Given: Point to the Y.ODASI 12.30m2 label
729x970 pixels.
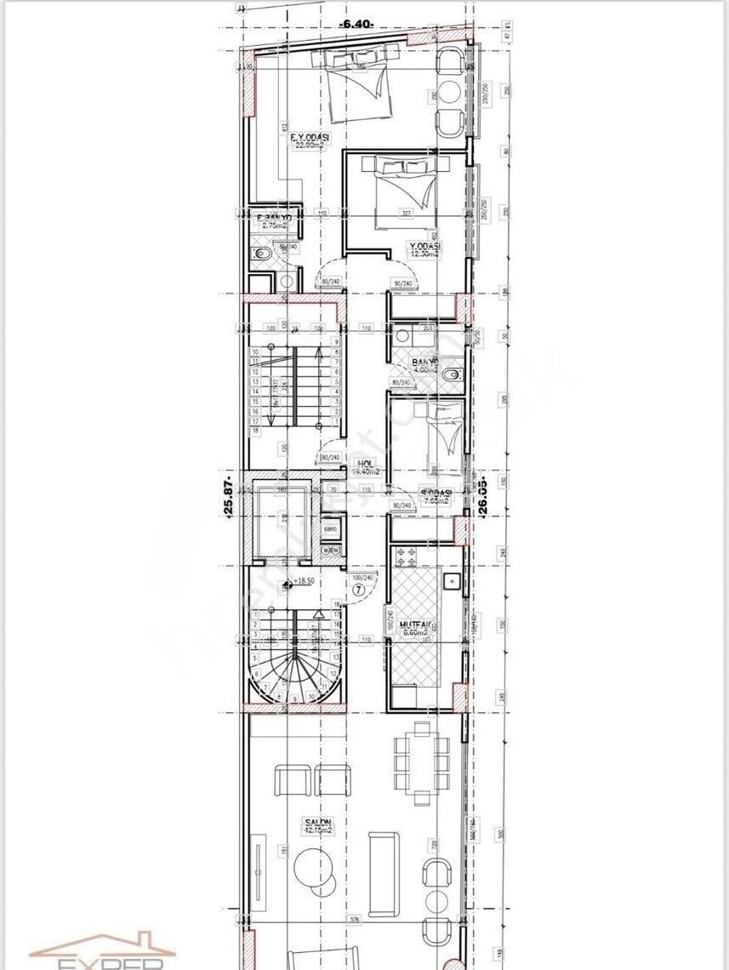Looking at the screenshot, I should click(x=424, y=248).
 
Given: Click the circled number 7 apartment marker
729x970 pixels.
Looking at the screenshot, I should click(x=360, y=588).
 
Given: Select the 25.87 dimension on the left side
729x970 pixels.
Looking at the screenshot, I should click(x=227, y=499).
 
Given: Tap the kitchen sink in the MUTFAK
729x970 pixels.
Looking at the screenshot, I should click(x=453, y=583).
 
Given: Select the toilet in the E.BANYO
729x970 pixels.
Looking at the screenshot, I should click(x=261, y=255).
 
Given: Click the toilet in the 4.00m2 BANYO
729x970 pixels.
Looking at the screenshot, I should click(x=453, y=374).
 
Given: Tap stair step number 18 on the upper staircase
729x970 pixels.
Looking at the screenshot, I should click(x=255, y=432).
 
